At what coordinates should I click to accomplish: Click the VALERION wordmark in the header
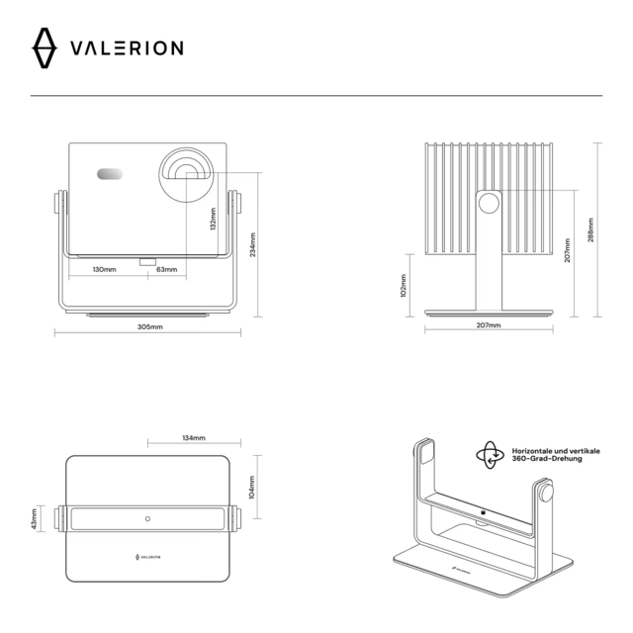tap(126, 47)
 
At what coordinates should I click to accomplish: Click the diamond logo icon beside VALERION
tap(46, 47)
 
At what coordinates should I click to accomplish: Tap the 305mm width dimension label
tap(150, 326)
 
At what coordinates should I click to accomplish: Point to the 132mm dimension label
tap(214, 219)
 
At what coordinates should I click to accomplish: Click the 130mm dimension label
tap(104, 269)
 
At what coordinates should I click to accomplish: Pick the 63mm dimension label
tap(167, 269)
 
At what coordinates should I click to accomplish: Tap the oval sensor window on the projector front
tap(110, 175)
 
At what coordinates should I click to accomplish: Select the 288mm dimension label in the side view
tap(590, 229)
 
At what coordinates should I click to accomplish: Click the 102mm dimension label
tap(403, 287)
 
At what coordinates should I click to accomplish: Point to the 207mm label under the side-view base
tap(488, 325)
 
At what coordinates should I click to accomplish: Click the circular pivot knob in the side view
tap(488, 204)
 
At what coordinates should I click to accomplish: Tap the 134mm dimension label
tap(194, 437)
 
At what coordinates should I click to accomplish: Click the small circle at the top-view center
tap(147, 517)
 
